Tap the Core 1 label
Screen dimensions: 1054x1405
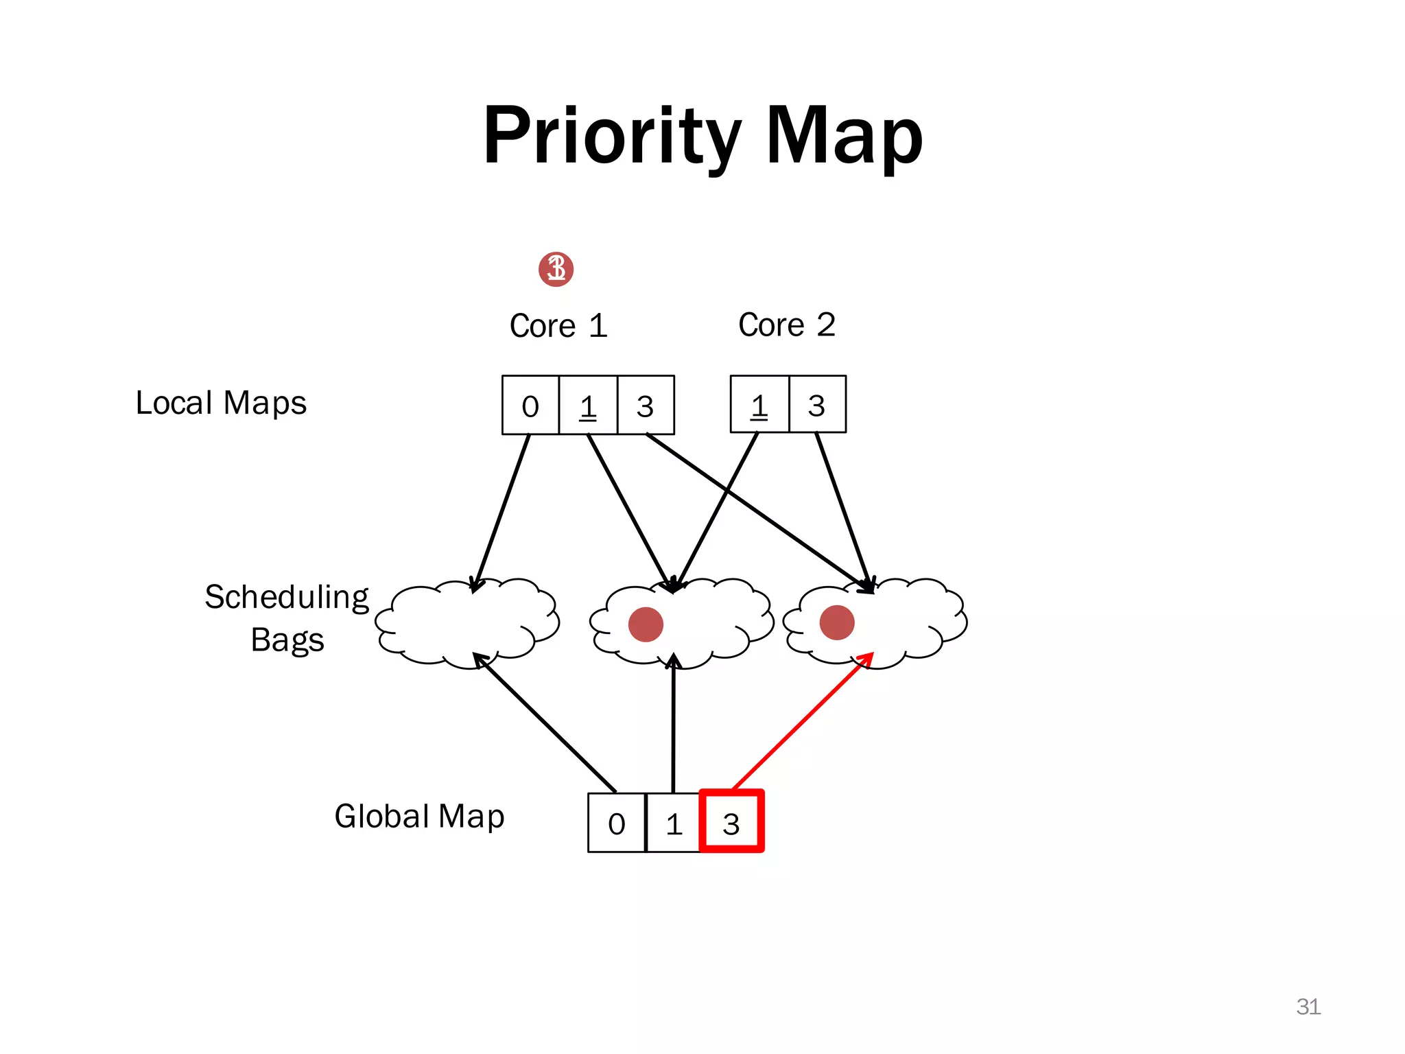click(x=558, y=325)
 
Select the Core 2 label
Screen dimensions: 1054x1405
click(x=787, y=325)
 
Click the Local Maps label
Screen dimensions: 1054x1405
click(x=221, y=403)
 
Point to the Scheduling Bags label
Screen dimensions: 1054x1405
click(x=287, y=618)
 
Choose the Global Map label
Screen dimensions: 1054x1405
click(x=419, y=817)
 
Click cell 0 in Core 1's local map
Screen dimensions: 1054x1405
click(x=530, y=406)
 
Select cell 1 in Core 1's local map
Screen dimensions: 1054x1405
click(x=588, y=406)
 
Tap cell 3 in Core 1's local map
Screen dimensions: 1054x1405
click(x=646, y=406)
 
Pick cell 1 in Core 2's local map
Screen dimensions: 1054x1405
click(x=759, y=405)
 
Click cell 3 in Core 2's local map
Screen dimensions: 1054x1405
click(x=817, y=405)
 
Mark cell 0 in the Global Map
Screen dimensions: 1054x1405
click(x=617, y=823)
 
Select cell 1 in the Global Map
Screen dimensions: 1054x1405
click(x=674, y=823)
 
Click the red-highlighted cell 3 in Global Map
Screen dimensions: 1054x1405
click(x=731, y=822)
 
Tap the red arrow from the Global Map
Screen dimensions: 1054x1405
click(x=803, y=721)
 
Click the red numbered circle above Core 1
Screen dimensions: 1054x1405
click(x=556, y=269)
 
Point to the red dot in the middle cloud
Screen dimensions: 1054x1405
click(x=646, y=624)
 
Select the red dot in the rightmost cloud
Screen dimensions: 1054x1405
click(x=837, y=622)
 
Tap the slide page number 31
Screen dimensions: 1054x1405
click(x=1308, y=1007)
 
